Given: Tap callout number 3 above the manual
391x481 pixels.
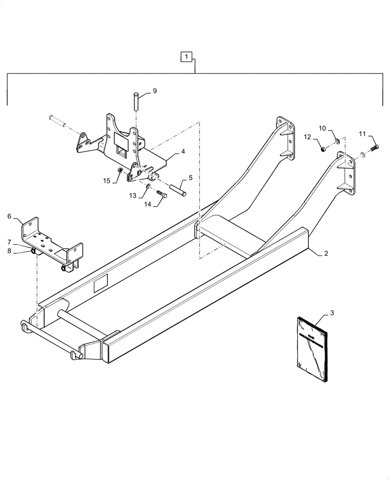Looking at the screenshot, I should [332, 313].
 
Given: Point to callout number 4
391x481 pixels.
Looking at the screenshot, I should [183, 152].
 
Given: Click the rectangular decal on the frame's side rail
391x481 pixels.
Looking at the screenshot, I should [101, 285].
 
